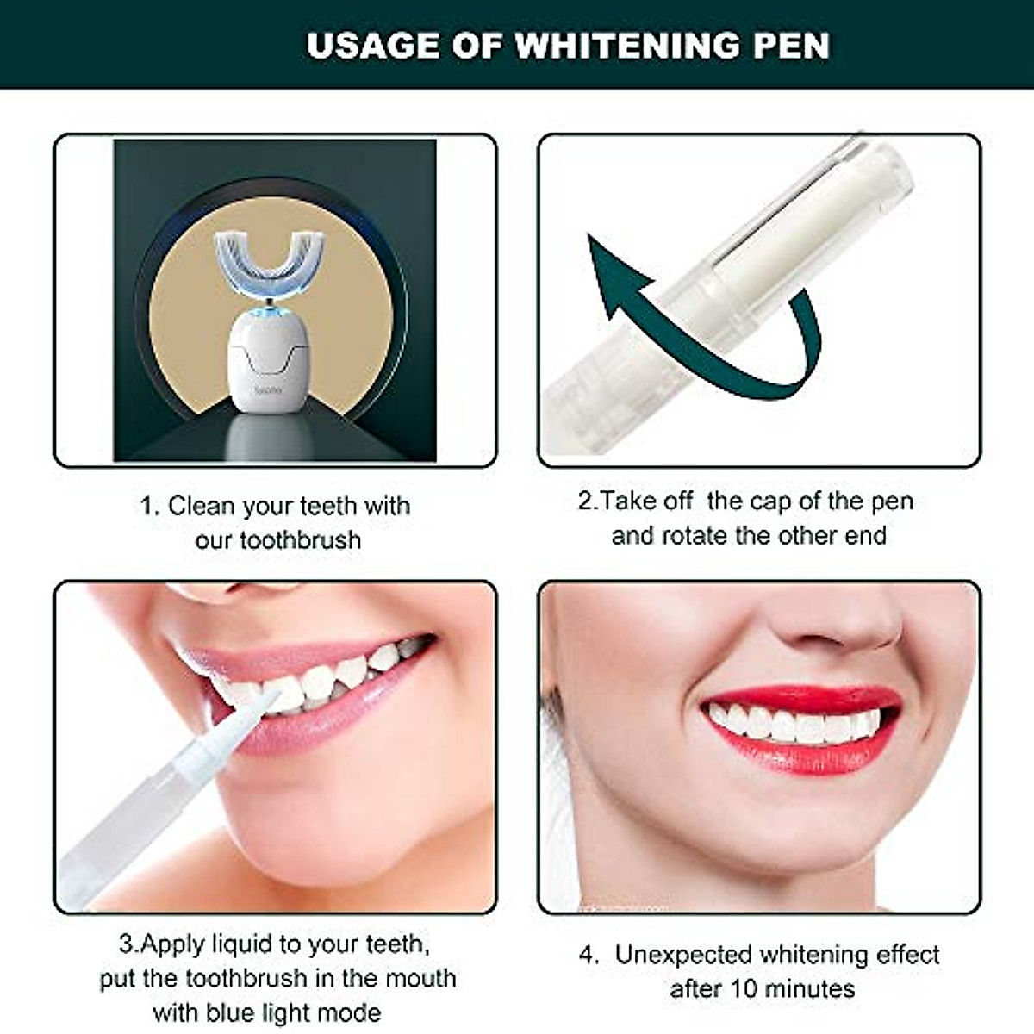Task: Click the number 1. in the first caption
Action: pos(150,506)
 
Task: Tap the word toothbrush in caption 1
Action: pos(300,540)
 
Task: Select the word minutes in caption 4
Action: pos(807,988)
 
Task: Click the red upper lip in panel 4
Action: pos(801,699)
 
